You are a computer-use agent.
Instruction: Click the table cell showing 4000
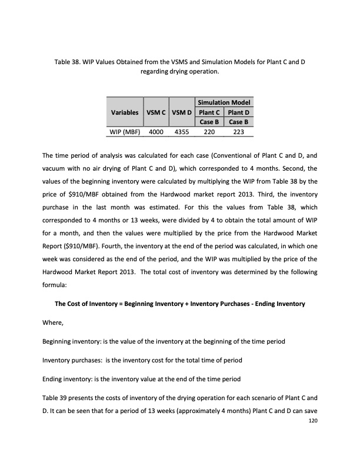pyautogui.click(x=156, y=132)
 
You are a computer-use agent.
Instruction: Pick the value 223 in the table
pyautogui.click(x=238, y=132)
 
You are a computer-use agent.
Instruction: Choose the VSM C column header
pyautogui.click(x=156, y=112)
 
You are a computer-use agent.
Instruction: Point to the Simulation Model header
pyautogui.click(x=223, y=102)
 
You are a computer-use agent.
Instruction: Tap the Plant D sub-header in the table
pyautogui.click(x=238, y=112)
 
